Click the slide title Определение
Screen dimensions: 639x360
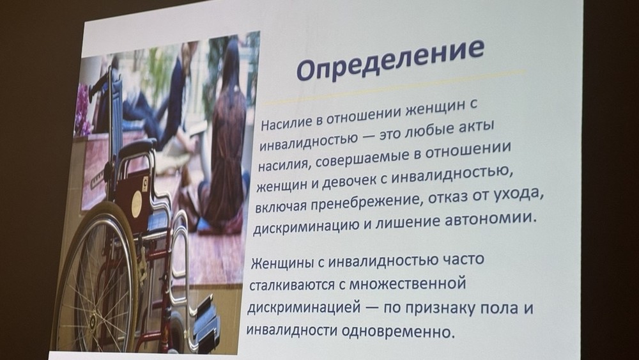pyautogui.click(x=390, y=59)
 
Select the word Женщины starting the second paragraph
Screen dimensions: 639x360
pyautogui.click(x=282, y=263)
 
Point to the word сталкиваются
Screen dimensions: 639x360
pyautogui.click(x=291, y=285)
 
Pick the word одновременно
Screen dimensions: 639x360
pyautogui.click(x=397, y=331)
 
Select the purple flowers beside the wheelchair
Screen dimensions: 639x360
pyautogui.click(x=82, y=109)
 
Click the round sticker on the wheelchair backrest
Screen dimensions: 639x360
pyautogui.click(x=137, y=204)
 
